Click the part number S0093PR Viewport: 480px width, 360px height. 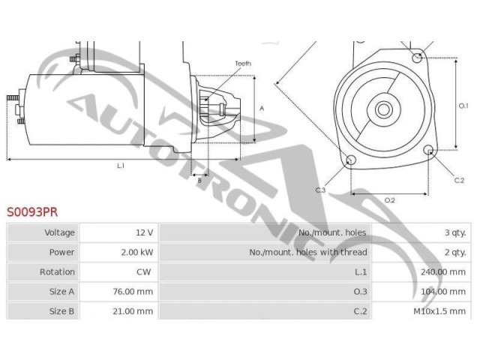coord(31,212)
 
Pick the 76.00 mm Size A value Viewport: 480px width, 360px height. coord(134,291)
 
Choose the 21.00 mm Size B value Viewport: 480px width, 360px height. coord(134,310)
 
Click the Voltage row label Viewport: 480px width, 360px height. coord(60,232)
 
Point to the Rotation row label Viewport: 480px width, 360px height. coord(57,271)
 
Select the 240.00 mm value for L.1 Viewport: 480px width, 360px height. coord(444,271)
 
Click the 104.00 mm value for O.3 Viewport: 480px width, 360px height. coord(444,291)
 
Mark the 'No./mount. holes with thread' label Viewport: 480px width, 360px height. coord(308,252)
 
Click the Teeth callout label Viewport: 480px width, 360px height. coord(243,64)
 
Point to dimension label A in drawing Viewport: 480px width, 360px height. coord(262,108)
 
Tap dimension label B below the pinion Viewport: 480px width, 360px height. coord(199,180)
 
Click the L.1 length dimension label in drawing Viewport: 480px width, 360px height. coord(120,165)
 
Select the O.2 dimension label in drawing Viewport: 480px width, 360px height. coord(389,200)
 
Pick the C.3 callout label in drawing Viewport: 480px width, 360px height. coord(320,190)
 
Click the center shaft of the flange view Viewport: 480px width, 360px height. coord(383,109)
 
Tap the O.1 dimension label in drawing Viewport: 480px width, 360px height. coord(463,106)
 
